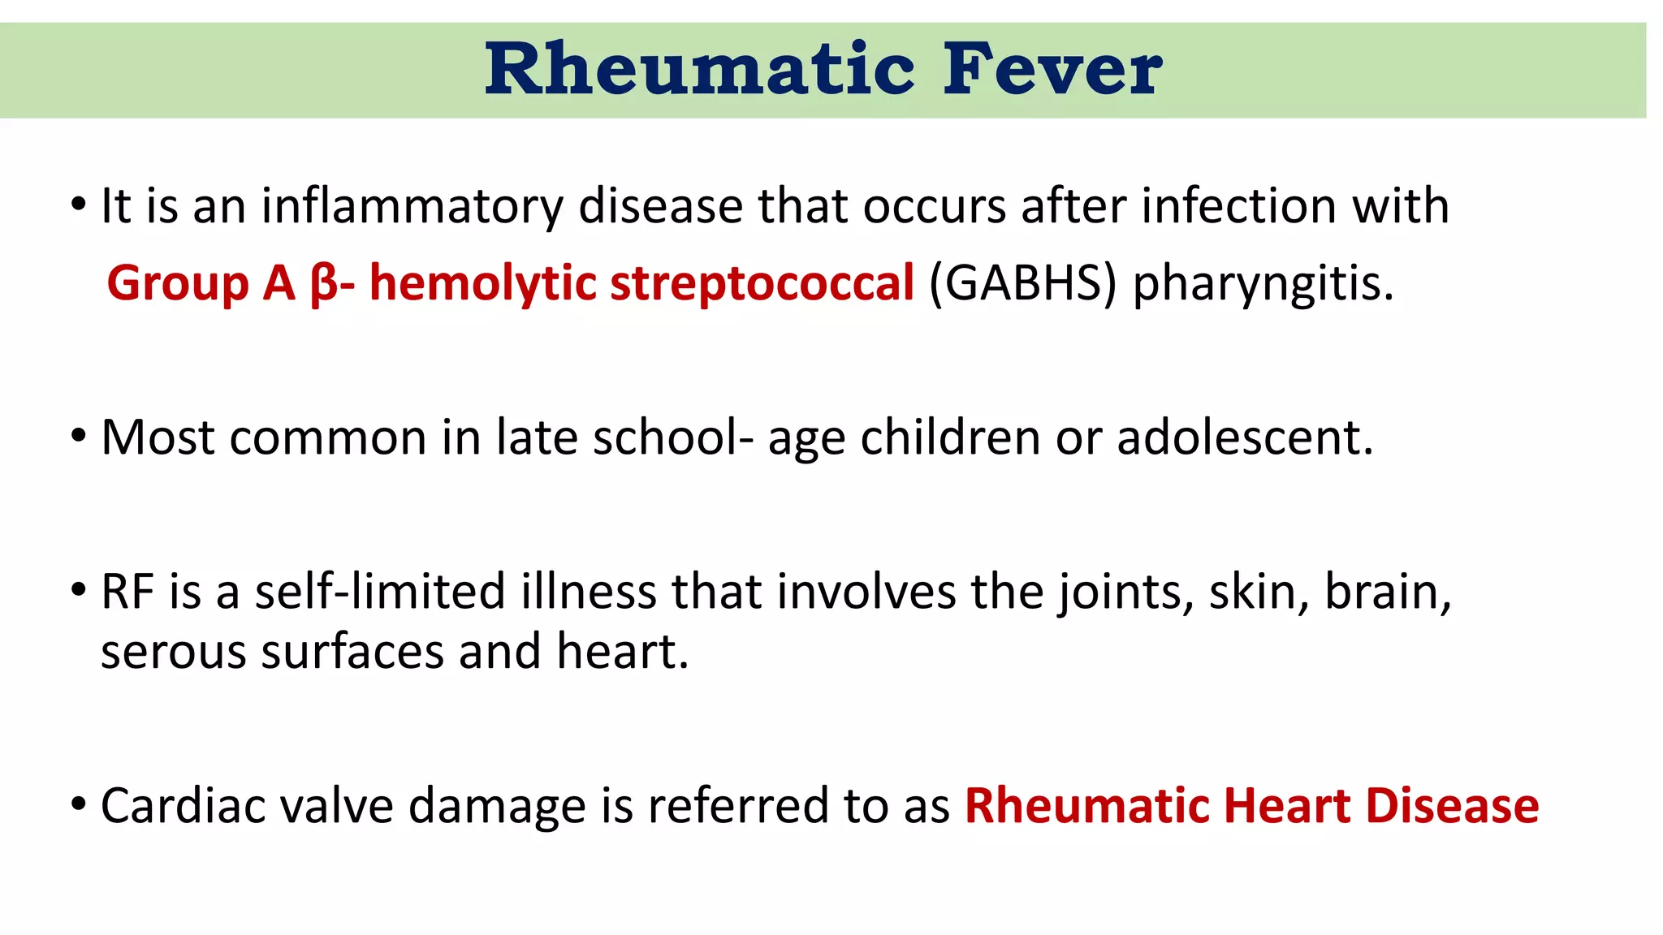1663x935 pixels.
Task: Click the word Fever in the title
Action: pyautogui.click(x=1052, y=70)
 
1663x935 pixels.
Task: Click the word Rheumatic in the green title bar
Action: pyautogui.click(x=700, y=70)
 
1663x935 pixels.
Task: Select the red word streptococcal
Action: pyautogui.click(x=762, y=283)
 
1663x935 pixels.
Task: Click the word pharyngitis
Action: pyautogui.click(x=1263, y=285)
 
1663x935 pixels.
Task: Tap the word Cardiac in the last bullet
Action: pyautogui.click(x=183, y=806)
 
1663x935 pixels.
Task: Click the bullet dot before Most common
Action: pyautogui.click(x=78, y=437)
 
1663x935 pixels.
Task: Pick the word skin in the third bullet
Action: pyautogui.click(x=1259, y=592)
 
